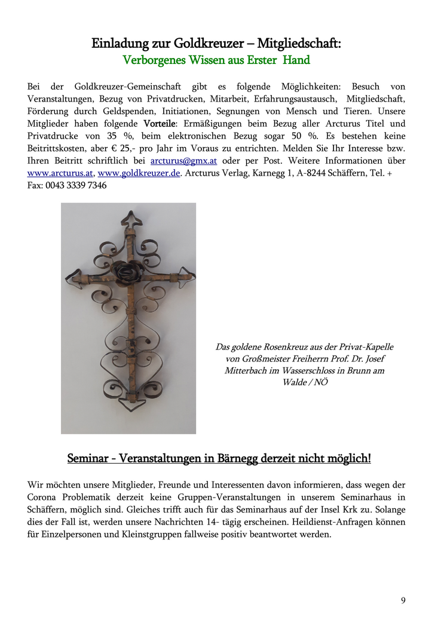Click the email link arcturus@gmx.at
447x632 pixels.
(183, 161)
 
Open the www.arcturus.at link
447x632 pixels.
(60, 173)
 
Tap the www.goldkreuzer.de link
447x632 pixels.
(139, 173)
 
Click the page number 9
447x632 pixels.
(403, 600)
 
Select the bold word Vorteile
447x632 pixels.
(159, 124)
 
